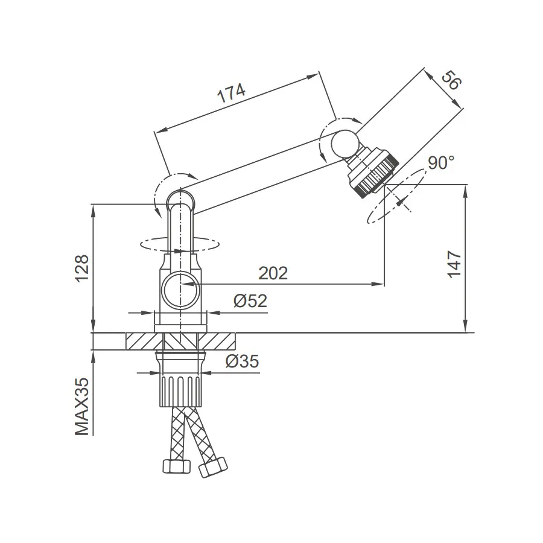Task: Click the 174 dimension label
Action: (x=231, y=93)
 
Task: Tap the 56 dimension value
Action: (x=451, y=80)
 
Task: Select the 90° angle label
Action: (x=441, y=163)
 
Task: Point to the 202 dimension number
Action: (x=273, y=273)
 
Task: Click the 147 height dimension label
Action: (x=454, y=265)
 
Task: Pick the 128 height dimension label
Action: (x=83, y=268)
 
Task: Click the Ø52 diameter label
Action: (x=250, y=300)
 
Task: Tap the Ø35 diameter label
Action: (x=242, y=361)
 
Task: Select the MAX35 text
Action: (x=81, y=407)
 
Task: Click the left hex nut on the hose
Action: (x=177, y=466)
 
